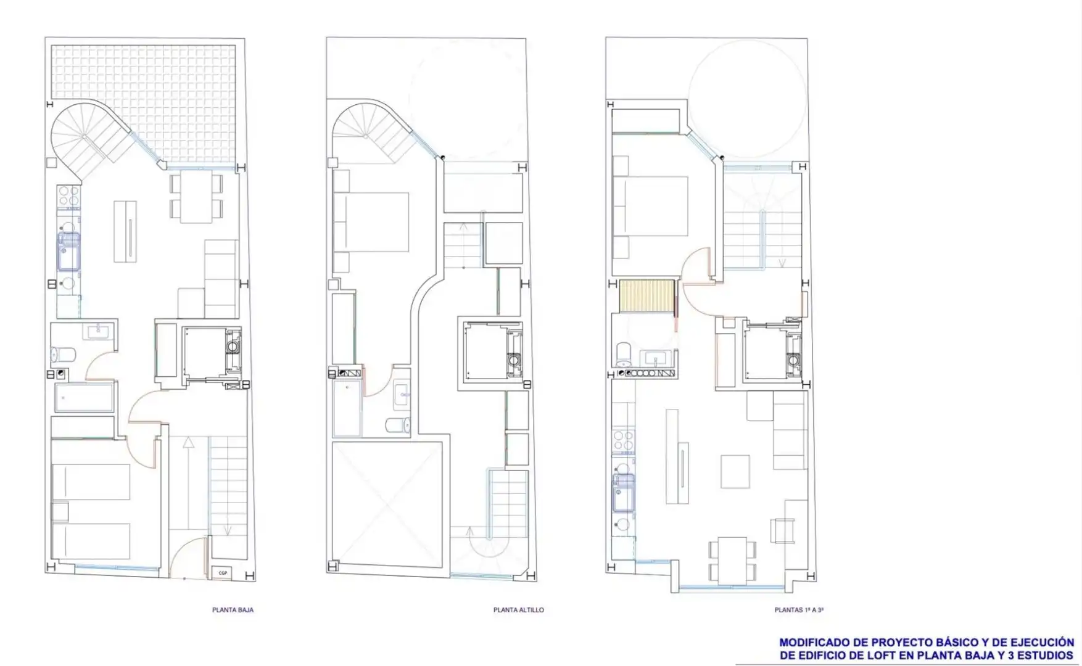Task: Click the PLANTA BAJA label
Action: point(233,610)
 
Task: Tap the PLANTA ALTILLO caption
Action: point(519,610)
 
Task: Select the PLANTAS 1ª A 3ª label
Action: point(799,610)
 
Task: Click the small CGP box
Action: point(223,573)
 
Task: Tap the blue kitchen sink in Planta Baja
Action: point(68,252)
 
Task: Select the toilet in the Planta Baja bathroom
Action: point(63,355)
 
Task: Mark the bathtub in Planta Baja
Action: point(84,398)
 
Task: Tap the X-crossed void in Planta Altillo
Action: point(387,503)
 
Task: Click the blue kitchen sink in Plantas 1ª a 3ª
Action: point(623,492)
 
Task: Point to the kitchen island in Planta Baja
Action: point(125,231)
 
